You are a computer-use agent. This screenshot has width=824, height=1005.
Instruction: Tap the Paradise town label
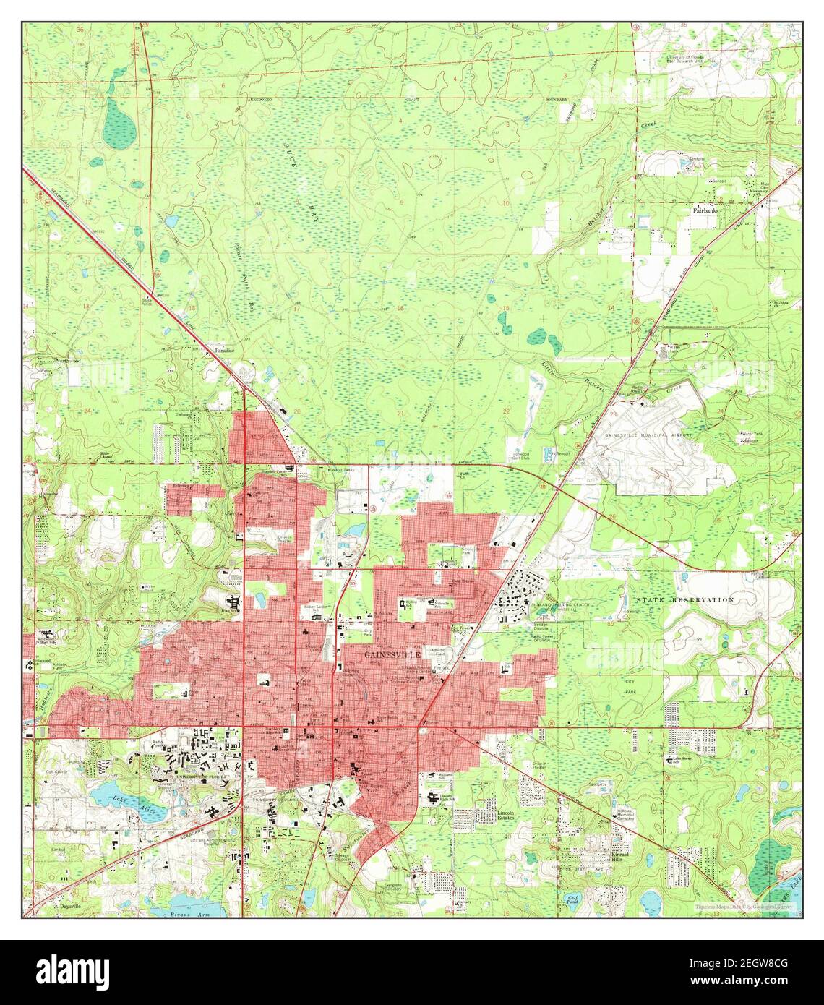(224, 350)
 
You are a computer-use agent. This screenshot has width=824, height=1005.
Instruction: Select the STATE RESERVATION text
(684, 600)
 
